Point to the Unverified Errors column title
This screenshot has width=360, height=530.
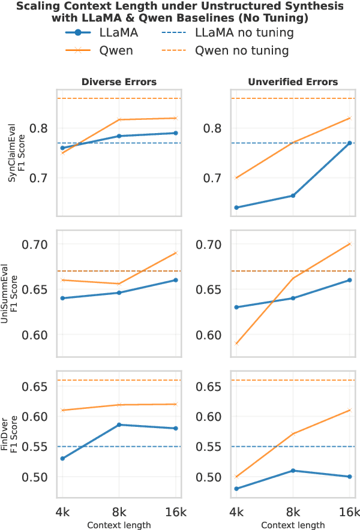coord(293,82)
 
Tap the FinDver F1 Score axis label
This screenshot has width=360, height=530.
coord(16,429)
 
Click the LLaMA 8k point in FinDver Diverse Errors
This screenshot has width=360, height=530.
coord(119,424)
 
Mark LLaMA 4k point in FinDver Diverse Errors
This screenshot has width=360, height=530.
coord(62,459)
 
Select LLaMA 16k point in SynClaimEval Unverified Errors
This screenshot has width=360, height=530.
coord(350,143)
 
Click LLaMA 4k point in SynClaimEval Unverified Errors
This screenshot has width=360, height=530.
coord(236,207)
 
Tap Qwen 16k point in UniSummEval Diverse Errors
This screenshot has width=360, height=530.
coord(176,252)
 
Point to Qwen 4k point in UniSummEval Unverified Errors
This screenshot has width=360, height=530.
coord(236,344)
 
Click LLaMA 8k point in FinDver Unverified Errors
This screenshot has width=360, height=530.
coord(293,471)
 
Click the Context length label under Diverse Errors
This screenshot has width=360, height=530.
coord(119,525)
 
